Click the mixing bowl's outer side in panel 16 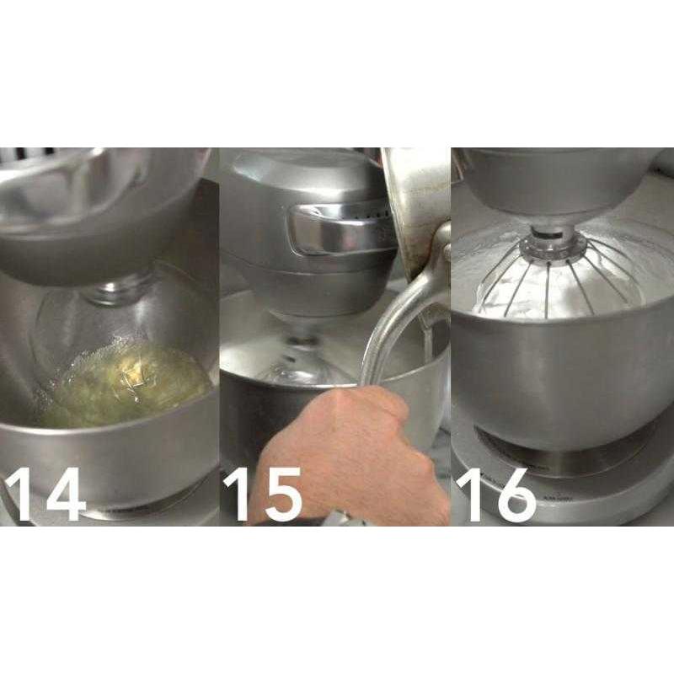coord(556,371)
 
